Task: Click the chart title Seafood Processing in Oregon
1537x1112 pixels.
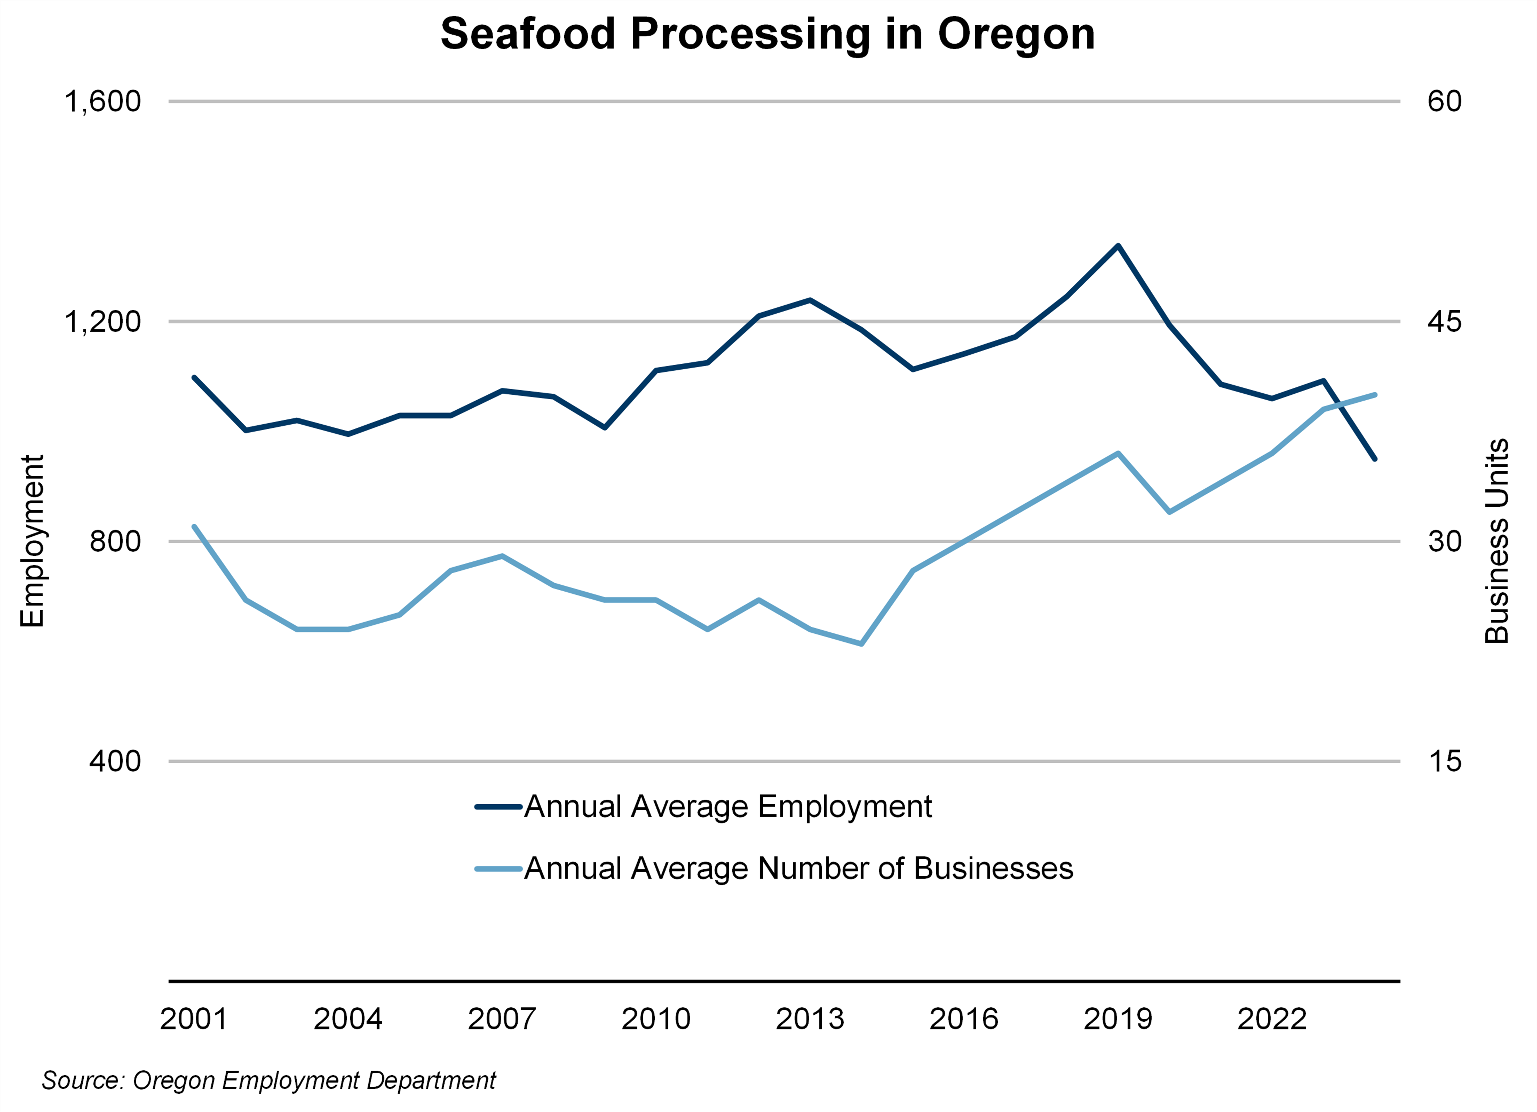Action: [768, 34]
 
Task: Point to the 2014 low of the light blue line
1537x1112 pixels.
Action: [861, 644]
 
